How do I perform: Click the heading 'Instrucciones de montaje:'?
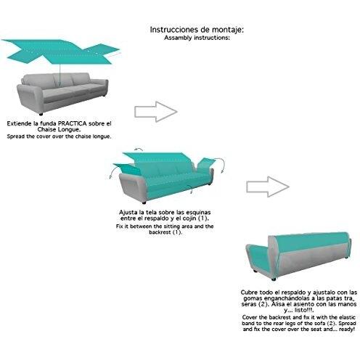(x=197, y=30)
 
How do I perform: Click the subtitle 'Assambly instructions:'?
(x=197, y=38)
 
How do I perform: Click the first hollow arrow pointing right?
(x=156, y=112)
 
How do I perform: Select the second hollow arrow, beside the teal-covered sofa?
(x=268, y=187)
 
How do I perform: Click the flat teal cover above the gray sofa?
(x=60, y=52)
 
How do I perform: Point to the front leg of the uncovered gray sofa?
(x=41, y=114)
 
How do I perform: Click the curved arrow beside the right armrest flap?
(x=221, y=165)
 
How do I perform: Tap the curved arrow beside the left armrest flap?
(x=112, y=173)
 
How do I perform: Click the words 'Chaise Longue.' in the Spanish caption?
(x=60, y=129)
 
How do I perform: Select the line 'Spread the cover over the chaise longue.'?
(x=60, y=136)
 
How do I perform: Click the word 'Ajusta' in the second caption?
(x=128, y=213)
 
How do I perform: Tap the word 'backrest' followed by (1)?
(x=160, y=232)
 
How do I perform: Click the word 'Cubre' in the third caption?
(x=249, y=292)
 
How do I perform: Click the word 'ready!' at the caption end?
(x=347, y=330)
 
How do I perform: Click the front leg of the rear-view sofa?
(x=274, y=279)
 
